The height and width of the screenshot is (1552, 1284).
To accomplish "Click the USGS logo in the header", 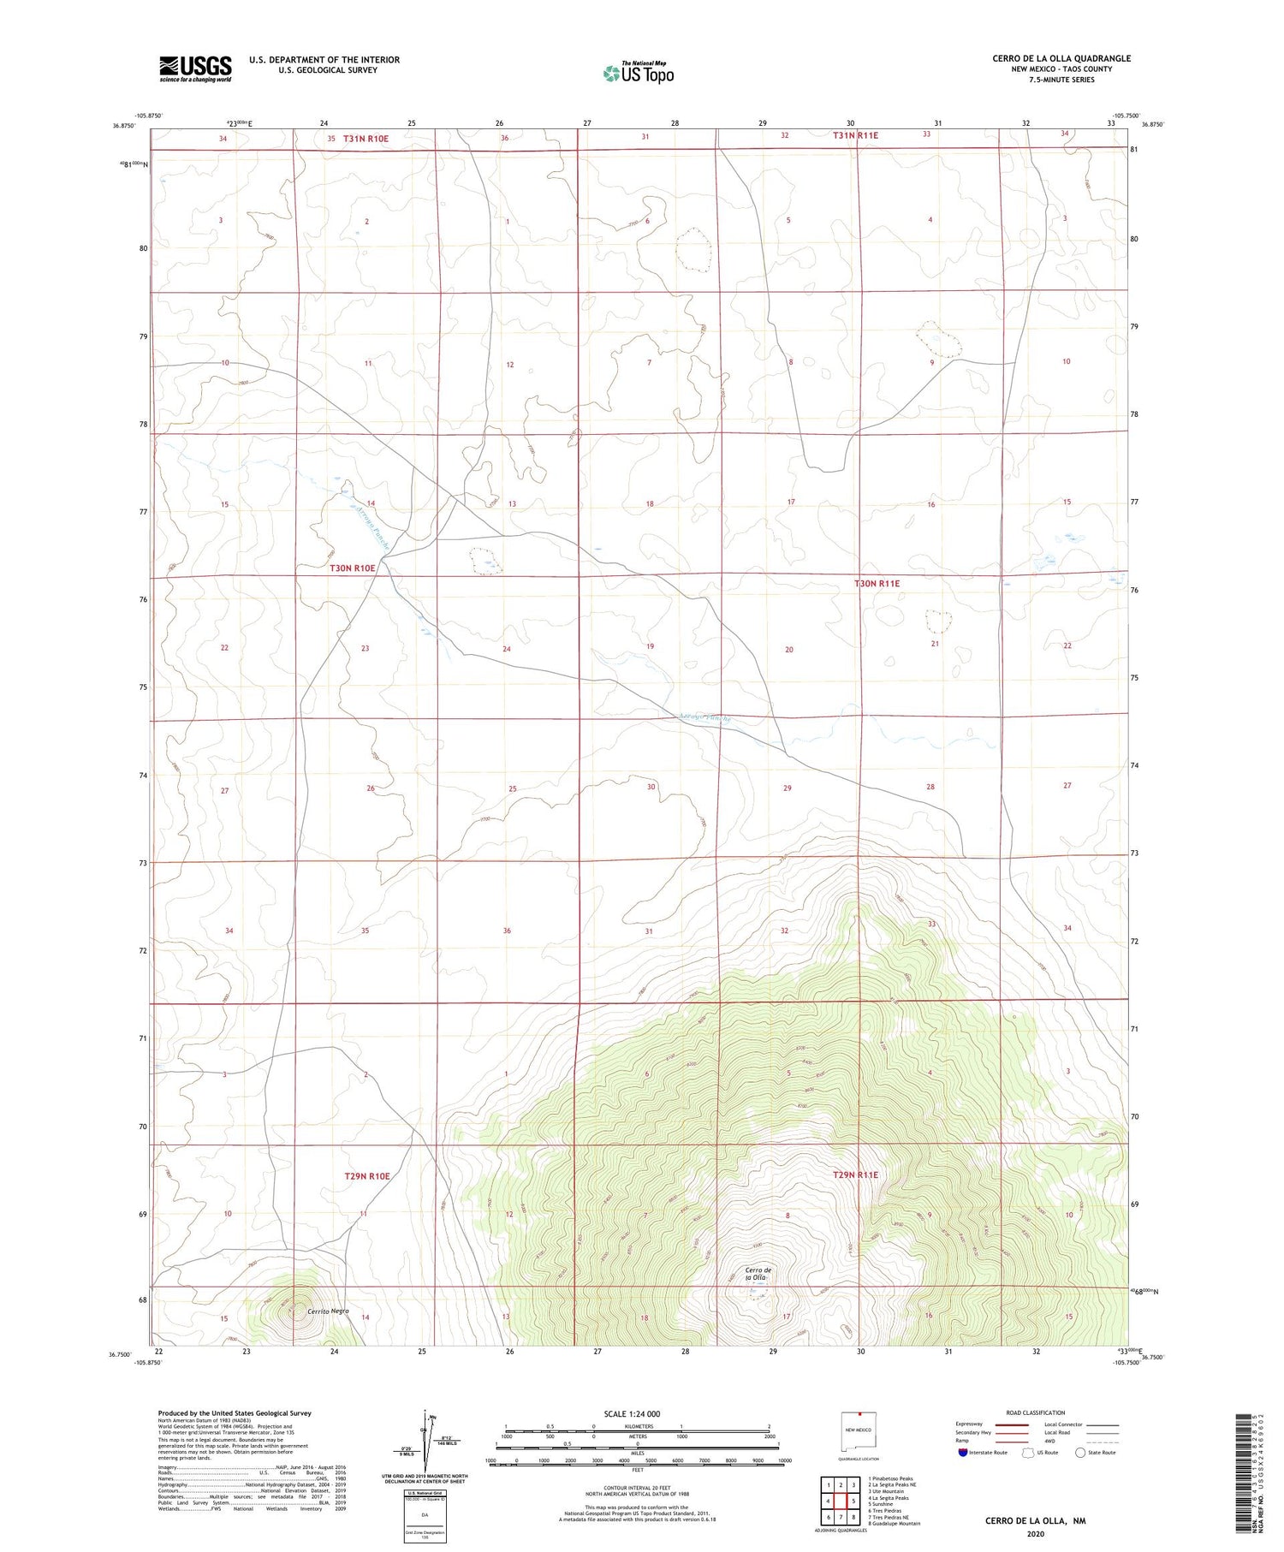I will [195, 68].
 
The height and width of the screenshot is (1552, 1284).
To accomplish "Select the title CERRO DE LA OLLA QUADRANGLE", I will [1061, 58].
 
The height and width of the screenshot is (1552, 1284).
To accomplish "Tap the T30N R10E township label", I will [353, 568].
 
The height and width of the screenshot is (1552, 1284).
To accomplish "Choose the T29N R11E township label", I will [855, 1175].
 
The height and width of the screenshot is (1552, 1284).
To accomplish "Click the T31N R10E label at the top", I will [366, 139].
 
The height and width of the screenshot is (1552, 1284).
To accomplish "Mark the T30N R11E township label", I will [877, 583].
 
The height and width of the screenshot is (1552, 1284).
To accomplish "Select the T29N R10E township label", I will [366, 1176].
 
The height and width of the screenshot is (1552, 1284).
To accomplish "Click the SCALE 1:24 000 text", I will [633, 1413].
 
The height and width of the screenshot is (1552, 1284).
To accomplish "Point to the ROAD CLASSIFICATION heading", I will [1036, 1412].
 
